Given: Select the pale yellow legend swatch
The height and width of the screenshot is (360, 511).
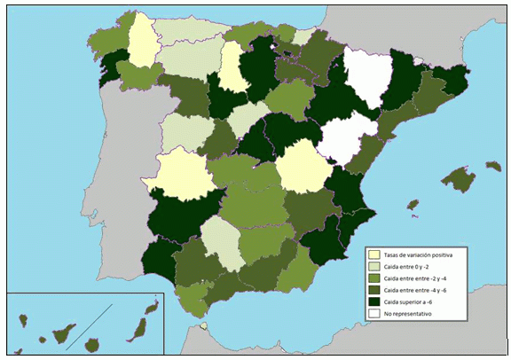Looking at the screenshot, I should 373,255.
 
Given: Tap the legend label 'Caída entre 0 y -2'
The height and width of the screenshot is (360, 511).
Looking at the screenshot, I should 409,267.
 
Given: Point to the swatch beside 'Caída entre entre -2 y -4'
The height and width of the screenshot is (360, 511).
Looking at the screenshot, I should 373,278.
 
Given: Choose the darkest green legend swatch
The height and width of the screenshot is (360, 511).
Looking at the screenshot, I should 373,301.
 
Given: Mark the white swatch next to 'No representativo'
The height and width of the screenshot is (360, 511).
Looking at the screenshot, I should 373,313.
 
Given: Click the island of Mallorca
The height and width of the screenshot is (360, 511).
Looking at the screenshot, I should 458,179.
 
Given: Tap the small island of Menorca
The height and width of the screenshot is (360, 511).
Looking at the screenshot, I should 492,165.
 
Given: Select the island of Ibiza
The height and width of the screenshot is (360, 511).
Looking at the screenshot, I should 412,206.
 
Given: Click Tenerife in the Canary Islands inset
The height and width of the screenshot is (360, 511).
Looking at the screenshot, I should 65,334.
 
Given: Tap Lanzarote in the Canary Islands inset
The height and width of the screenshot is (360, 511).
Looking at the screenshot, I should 153,308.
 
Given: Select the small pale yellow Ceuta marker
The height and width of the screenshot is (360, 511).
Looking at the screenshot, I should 204,325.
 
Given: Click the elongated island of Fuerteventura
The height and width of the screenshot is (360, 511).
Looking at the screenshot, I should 138,329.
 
